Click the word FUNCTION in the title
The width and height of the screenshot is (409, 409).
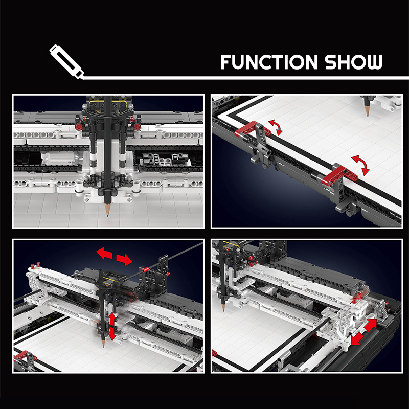[269, 62]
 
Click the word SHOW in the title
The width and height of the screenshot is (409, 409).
[354, 62]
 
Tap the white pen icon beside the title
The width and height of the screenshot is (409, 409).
[67, 61]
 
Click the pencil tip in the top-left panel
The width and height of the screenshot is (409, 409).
[107, 214]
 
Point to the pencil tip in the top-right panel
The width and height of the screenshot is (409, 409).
[368, 114]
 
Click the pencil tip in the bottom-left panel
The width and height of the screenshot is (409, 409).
[103, 345]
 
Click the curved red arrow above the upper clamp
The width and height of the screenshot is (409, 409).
[277, 127]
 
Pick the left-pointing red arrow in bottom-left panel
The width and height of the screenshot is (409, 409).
[104, 253]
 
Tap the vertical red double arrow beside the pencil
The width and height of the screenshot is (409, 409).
[112, 327]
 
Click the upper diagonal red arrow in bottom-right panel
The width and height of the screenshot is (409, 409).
[370, 325]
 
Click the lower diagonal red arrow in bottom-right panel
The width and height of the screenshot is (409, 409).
[357, 338]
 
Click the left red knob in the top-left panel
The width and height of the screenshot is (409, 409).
[78, 127]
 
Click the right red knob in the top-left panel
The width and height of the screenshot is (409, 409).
[137, 127]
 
